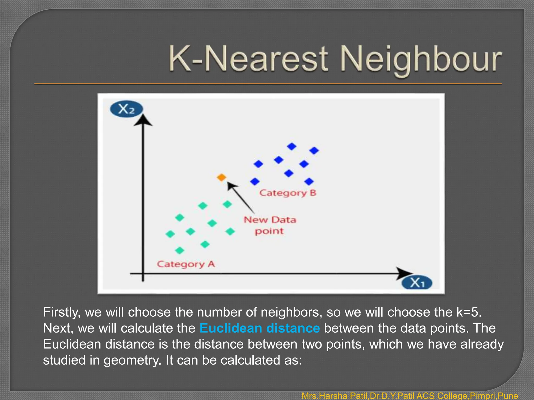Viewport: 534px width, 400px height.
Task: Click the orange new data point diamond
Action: tap(221, 178)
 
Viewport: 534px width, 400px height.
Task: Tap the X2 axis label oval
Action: tap(126, 109)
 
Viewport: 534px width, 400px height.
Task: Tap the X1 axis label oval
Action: tap(417, 283)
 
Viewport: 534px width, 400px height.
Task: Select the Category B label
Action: tap(288, 193)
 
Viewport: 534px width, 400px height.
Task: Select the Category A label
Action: tap(186, 264)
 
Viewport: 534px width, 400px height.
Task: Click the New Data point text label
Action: tap(270, 225)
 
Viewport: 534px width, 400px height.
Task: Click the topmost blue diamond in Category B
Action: tap(292, 147)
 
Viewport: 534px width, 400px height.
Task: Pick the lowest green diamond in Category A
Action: tap(180, 251)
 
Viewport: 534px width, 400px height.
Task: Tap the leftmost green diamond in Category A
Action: tap(170, 234)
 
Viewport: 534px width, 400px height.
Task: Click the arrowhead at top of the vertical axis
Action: tap(143, 121)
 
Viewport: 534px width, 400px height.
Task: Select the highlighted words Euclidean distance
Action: tap(259, 328)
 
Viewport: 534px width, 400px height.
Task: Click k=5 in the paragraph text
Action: tap(469, 312)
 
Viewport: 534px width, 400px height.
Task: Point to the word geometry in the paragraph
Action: tap(132, 360)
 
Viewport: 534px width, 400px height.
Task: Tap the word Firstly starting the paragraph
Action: tap(62, 312)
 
